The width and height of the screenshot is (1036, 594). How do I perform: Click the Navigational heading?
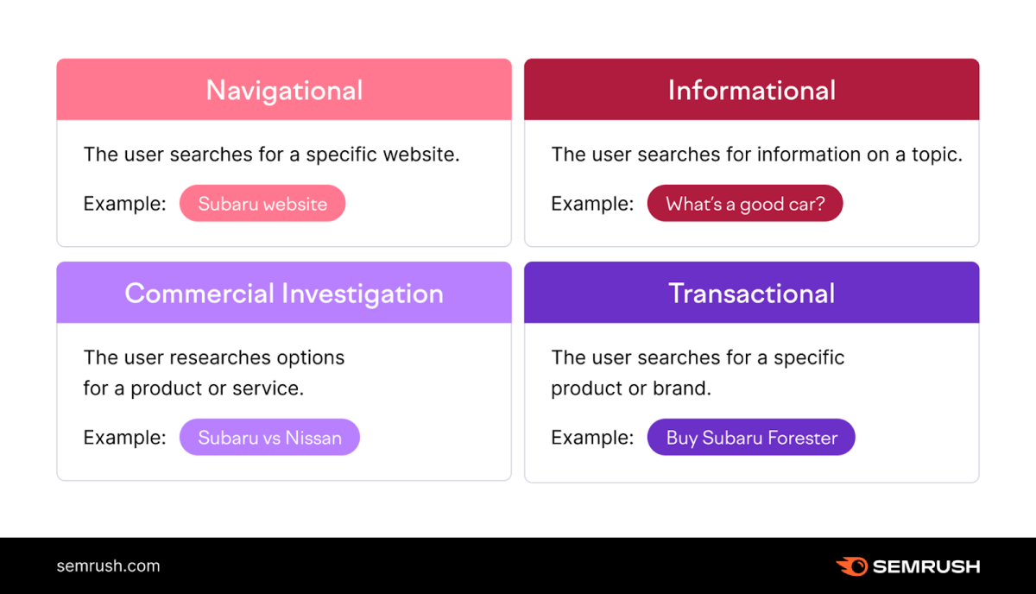pos(284,90)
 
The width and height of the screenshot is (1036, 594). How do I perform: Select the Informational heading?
pos(751,90)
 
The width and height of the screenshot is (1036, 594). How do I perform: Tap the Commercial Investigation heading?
pos(284,294)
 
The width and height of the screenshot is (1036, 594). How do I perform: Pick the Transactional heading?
pos(751,294)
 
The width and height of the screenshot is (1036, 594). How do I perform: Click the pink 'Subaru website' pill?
pos(262,205)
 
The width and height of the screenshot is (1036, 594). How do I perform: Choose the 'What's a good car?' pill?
pos(744,205)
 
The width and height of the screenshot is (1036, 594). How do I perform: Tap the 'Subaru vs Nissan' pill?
pos(269,438)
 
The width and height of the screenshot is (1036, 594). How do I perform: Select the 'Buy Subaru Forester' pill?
pos(751,438)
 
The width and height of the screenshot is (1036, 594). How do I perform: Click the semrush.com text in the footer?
pos(108,566)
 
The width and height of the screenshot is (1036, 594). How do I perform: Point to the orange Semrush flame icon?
pos(851,566)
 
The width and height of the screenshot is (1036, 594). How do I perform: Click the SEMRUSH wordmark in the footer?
pos(925,567)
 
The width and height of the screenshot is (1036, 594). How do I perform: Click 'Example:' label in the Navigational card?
pos(124,205)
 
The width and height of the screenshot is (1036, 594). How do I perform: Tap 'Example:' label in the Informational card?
pos(592,205)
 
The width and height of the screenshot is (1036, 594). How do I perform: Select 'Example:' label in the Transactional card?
pos(592,438)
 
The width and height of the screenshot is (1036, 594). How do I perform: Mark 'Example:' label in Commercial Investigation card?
pos(124,438)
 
